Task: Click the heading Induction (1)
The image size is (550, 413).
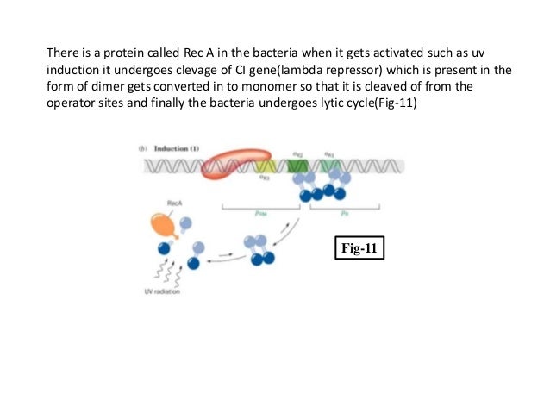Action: (178, 148)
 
